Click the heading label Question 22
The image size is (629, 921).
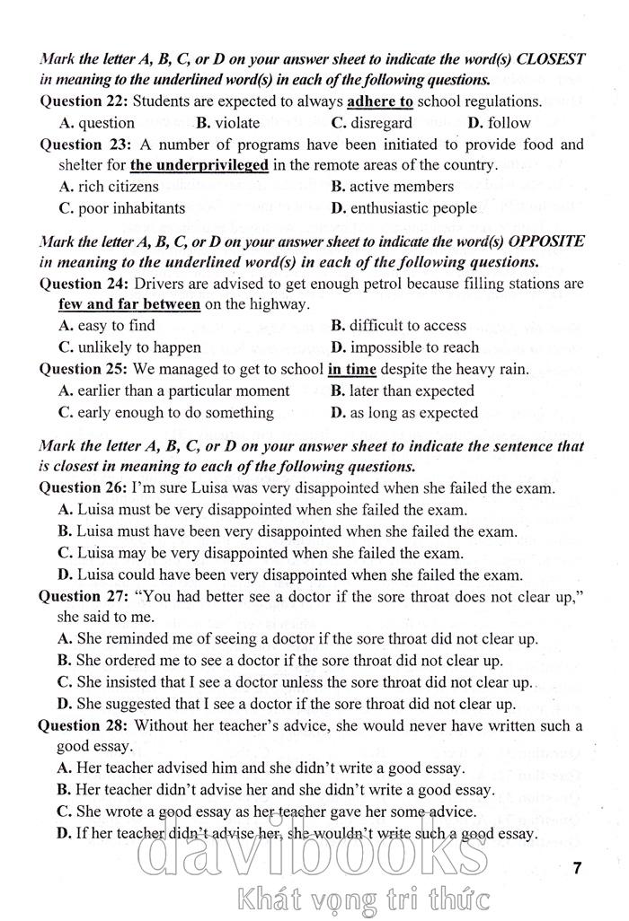point(84,101)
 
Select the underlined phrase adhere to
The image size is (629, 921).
point(380,101)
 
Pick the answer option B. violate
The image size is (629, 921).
point(228,123)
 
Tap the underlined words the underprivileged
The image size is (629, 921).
point(199,165)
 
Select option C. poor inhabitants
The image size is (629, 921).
point(122,208)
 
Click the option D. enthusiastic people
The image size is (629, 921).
point(403,208)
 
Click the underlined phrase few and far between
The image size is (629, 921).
point(129,304)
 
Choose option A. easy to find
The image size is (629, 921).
point(107,326)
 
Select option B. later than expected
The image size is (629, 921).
point(402,390)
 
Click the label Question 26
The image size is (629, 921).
point(84,488)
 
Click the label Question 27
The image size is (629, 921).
point(84,596)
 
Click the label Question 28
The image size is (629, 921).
point(84,725)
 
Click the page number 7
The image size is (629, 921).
point(577,867)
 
